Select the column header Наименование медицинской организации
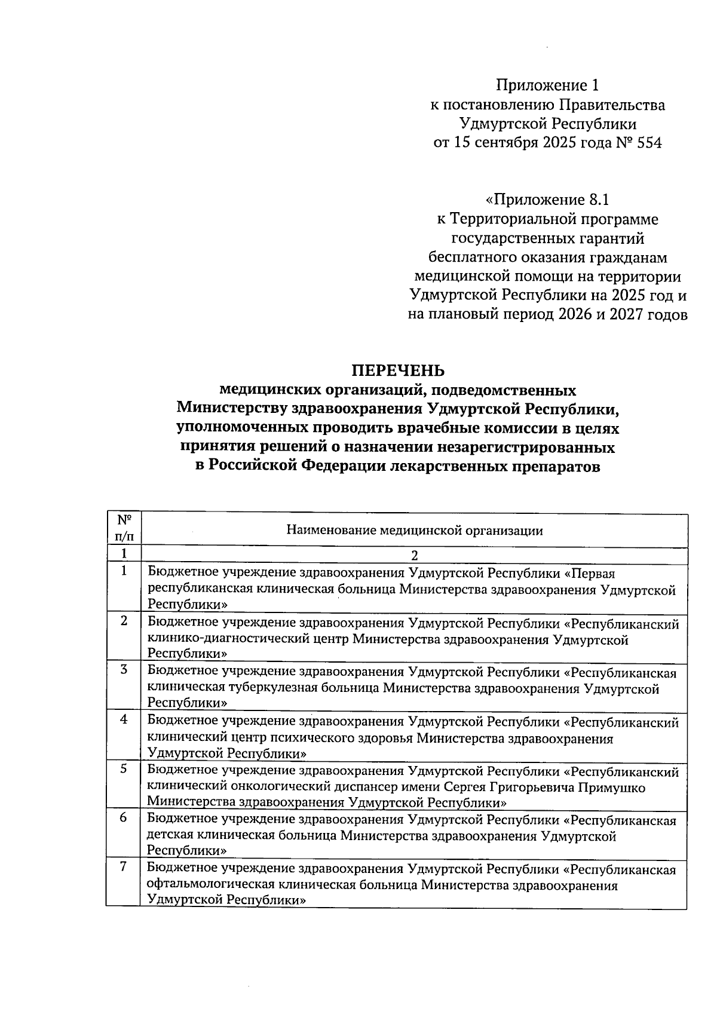click(415, 530)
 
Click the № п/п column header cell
click(124, 527)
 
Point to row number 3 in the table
click(124, 670)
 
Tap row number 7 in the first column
click(124, 867)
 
